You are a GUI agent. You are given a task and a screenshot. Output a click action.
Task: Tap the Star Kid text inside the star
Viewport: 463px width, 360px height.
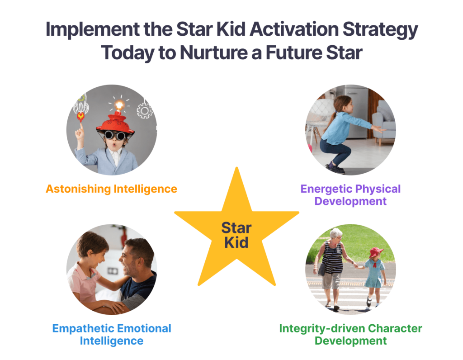click(236, 235)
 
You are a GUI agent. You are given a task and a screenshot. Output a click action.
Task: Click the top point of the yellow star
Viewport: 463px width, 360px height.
click(236, 167)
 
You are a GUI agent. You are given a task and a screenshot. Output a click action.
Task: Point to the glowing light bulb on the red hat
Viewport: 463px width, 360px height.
click(119, 105)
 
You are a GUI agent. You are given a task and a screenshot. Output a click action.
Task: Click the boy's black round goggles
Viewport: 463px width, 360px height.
click(115, 135)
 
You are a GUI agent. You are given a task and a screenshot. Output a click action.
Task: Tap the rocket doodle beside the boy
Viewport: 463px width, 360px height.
click(81, 108)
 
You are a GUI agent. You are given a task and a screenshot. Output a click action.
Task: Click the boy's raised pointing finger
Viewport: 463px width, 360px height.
click(80, 128)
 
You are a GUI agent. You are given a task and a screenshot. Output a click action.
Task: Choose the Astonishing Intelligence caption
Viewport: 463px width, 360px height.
click(111, 189)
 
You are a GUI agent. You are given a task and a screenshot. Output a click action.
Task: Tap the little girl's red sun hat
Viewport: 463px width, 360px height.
click(376, 252)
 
